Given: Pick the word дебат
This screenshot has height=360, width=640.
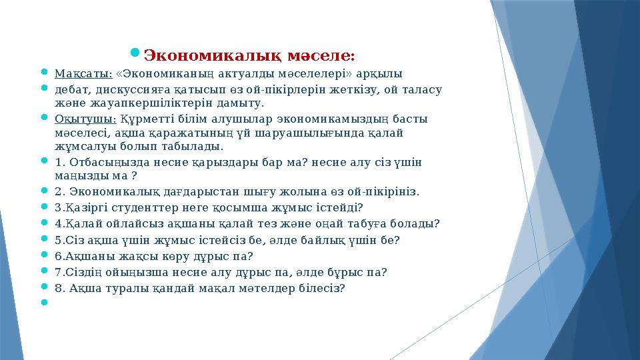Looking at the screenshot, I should tap(71, 89).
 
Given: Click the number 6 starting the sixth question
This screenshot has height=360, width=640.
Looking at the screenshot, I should tap(59, 256).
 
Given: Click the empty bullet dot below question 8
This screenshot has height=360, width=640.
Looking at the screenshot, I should tap(44, 302).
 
